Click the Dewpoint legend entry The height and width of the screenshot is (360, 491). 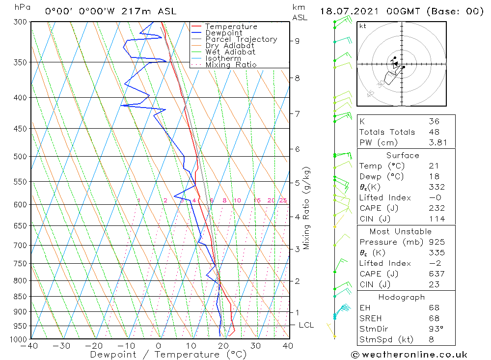(224, 33)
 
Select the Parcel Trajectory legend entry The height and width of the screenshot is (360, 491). (241, 39)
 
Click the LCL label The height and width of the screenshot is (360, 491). (306, 325)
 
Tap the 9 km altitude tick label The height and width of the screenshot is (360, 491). (298, 41)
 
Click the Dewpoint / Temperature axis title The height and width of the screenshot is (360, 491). (168, 355)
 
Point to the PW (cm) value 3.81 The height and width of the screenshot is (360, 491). (434, 142)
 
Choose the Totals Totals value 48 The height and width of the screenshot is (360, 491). (434, 132)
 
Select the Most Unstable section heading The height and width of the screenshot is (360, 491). (401, 231)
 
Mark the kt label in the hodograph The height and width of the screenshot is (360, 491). (363, 26)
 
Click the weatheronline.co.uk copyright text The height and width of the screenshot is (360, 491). (409, 355)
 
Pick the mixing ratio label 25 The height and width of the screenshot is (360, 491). (283, 200)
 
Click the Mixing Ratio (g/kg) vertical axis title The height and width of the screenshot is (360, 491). (307, 208)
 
